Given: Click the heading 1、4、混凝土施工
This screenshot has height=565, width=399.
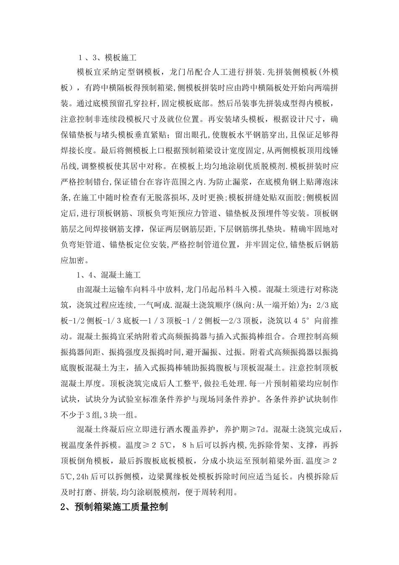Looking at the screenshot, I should pos(109,275).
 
